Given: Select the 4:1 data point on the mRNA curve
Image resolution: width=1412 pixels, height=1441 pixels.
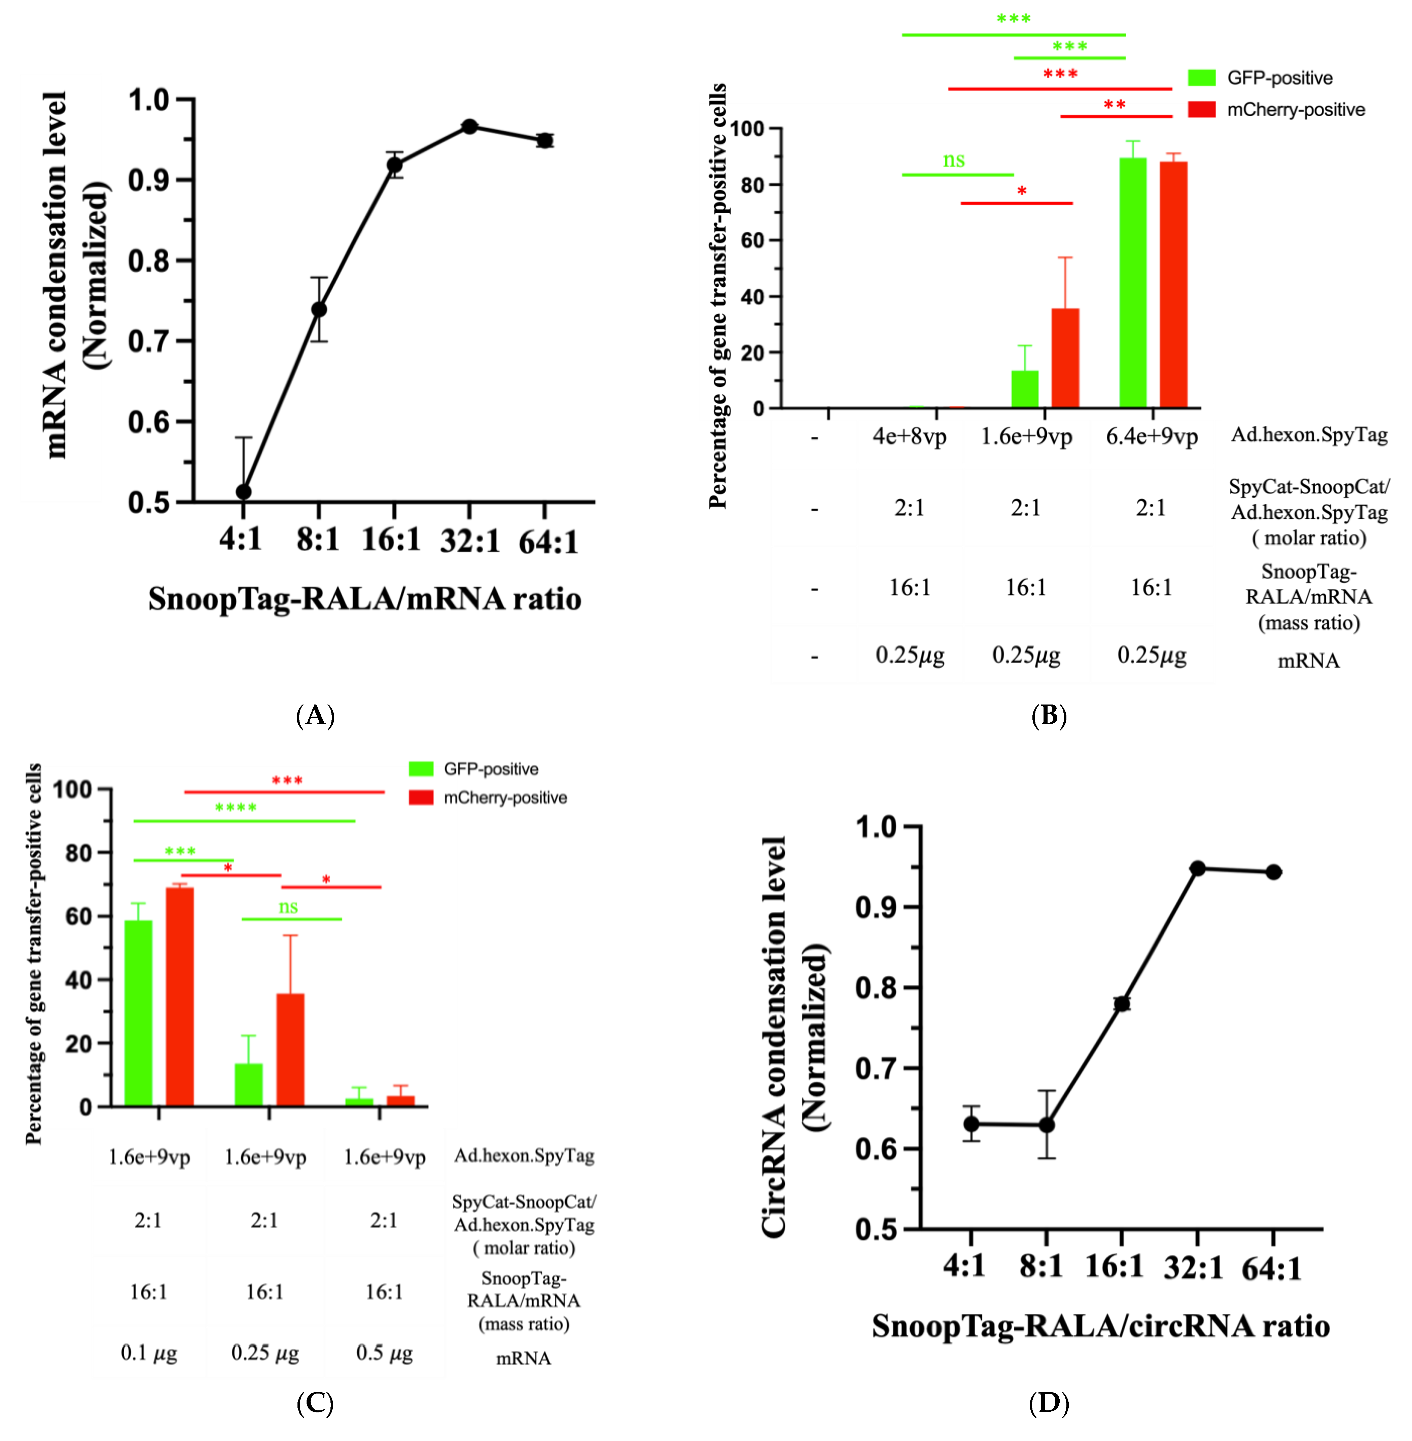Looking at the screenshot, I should coord(243,492).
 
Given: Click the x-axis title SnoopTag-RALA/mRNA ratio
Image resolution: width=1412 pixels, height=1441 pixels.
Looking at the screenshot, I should coord(364,598).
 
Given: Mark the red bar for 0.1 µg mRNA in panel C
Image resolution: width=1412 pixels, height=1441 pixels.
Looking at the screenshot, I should coord(179,996).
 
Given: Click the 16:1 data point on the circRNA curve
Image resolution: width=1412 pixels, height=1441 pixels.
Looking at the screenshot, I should coord(1122,1003).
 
